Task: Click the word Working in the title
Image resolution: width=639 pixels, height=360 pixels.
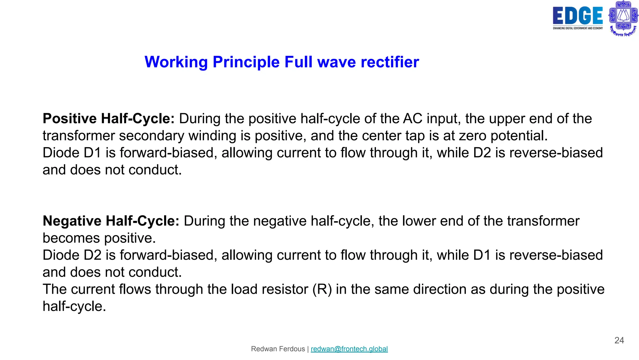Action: tap(176, 62)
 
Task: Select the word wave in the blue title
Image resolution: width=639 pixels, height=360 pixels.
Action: tap(336, 62)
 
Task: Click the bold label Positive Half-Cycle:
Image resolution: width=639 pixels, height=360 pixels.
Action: tap(109, 119)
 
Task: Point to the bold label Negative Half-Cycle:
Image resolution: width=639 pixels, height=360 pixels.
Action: tap(111, 221)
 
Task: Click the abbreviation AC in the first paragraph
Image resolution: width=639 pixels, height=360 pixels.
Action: tap(412, 119)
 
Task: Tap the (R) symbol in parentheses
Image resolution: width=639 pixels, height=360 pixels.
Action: tap(322, 289)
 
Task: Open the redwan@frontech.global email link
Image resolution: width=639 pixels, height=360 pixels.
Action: tap(349, 349)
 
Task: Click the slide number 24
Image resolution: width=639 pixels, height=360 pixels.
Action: tap(619, 340)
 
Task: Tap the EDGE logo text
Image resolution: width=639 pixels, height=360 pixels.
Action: tap(578, 16)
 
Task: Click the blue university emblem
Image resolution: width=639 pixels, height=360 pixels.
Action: tap(623, 17)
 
